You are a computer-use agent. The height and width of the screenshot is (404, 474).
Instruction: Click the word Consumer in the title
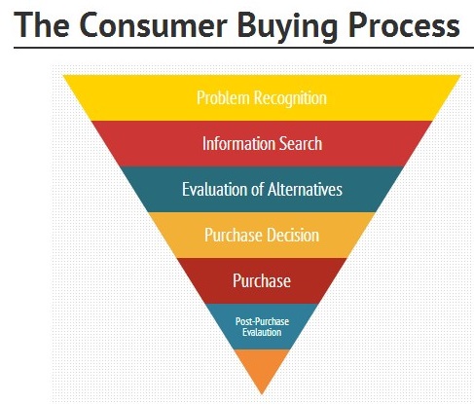point(153,25)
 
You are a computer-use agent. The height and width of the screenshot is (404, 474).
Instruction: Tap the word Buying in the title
point(287,27)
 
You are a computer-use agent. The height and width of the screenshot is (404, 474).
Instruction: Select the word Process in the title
point(404,25)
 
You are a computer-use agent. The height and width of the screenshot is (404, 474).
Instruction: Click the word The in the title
point(42,24)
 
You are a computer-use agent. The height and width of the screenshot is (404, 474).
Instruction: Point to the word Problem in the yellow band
point(223,97)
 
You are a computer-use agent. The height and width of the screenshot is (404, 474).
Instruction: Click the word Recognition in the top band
point(290,98)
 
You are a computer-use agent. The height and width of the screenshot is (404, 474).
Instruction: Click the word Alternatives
point(305,189)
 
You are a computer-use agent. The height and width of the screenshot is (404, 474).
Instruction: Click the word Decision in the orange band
point(293,235)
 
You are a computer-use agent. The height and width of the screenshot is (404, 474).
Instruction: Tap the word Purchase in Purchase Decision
point(234,235)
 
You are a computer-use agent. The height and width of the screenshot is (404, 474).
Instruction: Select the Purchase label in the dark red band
point(262,280)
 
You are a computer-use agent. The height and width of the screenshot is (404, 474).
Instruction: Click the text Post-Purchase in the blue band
point(262,321)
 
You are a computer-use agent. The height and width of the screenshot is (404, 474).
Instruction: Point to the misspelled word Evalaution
point(262,332)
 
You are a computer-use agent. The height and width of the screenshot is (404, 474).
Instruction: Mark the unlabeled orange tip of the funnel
point(262,368)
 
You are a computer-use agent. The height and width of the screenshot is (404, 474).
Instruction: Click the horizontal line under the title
point(243,48)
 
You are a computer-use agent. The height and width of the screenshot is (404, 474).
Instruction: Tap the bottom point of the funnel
point(262,394)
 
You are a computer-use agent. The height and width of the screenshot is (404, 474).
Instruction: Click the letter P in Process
point(357,25)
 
